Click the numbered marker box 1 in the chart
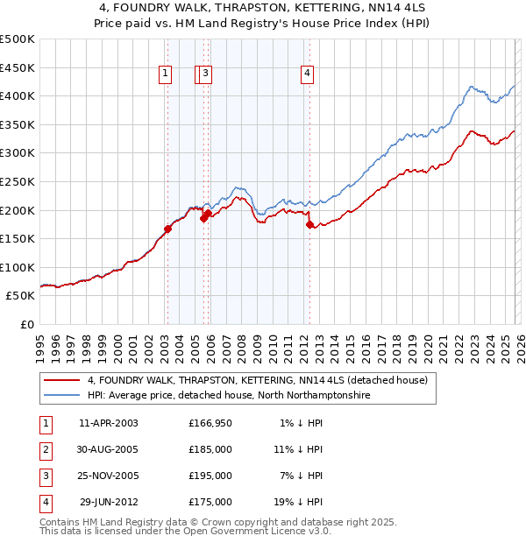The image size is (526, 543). pos(165,74)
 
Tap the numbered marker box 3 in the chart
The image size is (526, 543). pos(205,74)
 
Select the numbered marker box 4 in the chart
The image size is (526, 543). pos(308,74)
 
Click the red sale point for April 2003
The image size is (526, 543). pos(167,229)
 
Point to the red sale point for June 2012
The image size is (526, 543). pos(309,224)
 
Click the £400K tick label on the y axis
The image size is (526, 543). pos(18,96)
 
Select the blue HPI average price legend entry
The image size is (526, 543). pos(229,396)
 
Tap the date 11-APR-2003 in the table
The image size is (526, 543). pos(109,423)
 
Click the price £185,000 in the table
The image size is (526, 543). pos(210,449)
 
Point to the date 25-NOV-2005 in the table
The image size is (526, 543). pos(109,476)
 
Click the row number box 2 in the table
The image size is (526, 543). pos(46,449)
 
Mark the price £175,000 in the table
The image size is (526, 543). pos(210,502)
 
